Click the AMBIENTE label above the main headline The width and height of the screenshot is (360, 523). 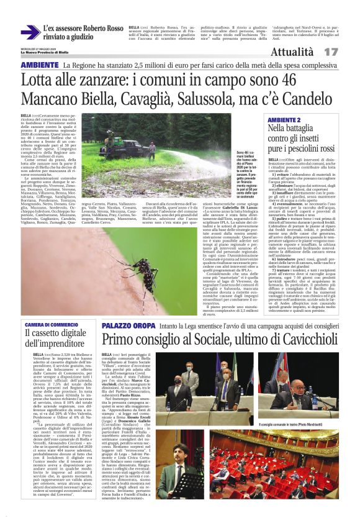[x=40, y=65]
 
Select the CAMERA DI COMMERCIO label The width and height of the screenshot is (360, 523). [x=52, y=325]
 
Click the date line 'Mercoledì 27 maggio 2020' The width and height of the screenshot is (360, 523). [x=38, y=49]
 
